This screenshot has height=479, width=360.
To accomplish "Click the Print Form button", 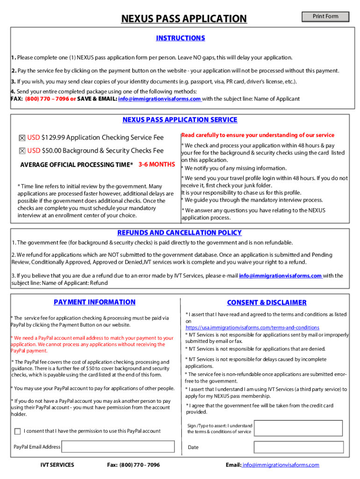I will (325, 16).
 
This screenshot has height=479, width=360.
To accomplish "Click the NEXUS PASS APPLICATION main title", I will (184, 19).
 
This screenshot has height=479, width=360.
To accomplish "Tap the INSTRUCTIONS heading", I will (180, 38).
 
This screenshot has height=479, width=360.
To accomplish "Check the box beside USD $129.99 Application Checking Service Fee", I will (22, 138).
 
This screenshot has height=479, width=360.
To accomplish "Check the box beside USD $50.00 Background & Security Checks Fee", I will (22, 151).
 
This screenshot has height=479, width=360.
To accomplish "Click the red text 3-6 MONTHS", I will (157, 164).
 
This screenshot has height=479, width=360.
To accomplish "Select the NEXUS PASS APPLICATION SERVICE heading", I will (180, 120).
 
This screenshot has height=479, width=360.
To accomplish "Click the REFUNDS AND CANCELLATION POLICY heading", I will (180, 232).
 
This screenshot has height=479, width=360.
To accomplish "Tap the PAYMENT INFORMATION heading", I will (94, 302).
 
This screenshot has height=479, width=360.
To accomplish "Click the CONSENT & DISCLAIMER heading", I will (266, 303).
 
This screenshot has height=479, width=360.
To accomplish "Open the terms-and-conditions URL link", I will (252, 327).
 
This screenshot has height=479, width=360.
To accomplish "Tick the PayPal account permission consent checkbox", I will (18, 431).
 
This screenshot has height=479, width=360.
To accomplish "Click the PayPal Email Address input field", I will (119, 447).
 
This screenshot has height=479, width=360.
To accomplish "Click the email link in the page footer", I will (280, 464).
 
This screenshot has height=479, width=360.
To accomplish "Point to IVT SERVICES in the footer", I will (57, 464).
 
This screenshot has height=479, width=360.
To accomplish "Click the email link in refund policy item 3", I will (281, 276).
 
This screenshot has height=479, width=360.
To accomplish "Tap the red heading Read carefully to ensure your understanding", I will (258, 135).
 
